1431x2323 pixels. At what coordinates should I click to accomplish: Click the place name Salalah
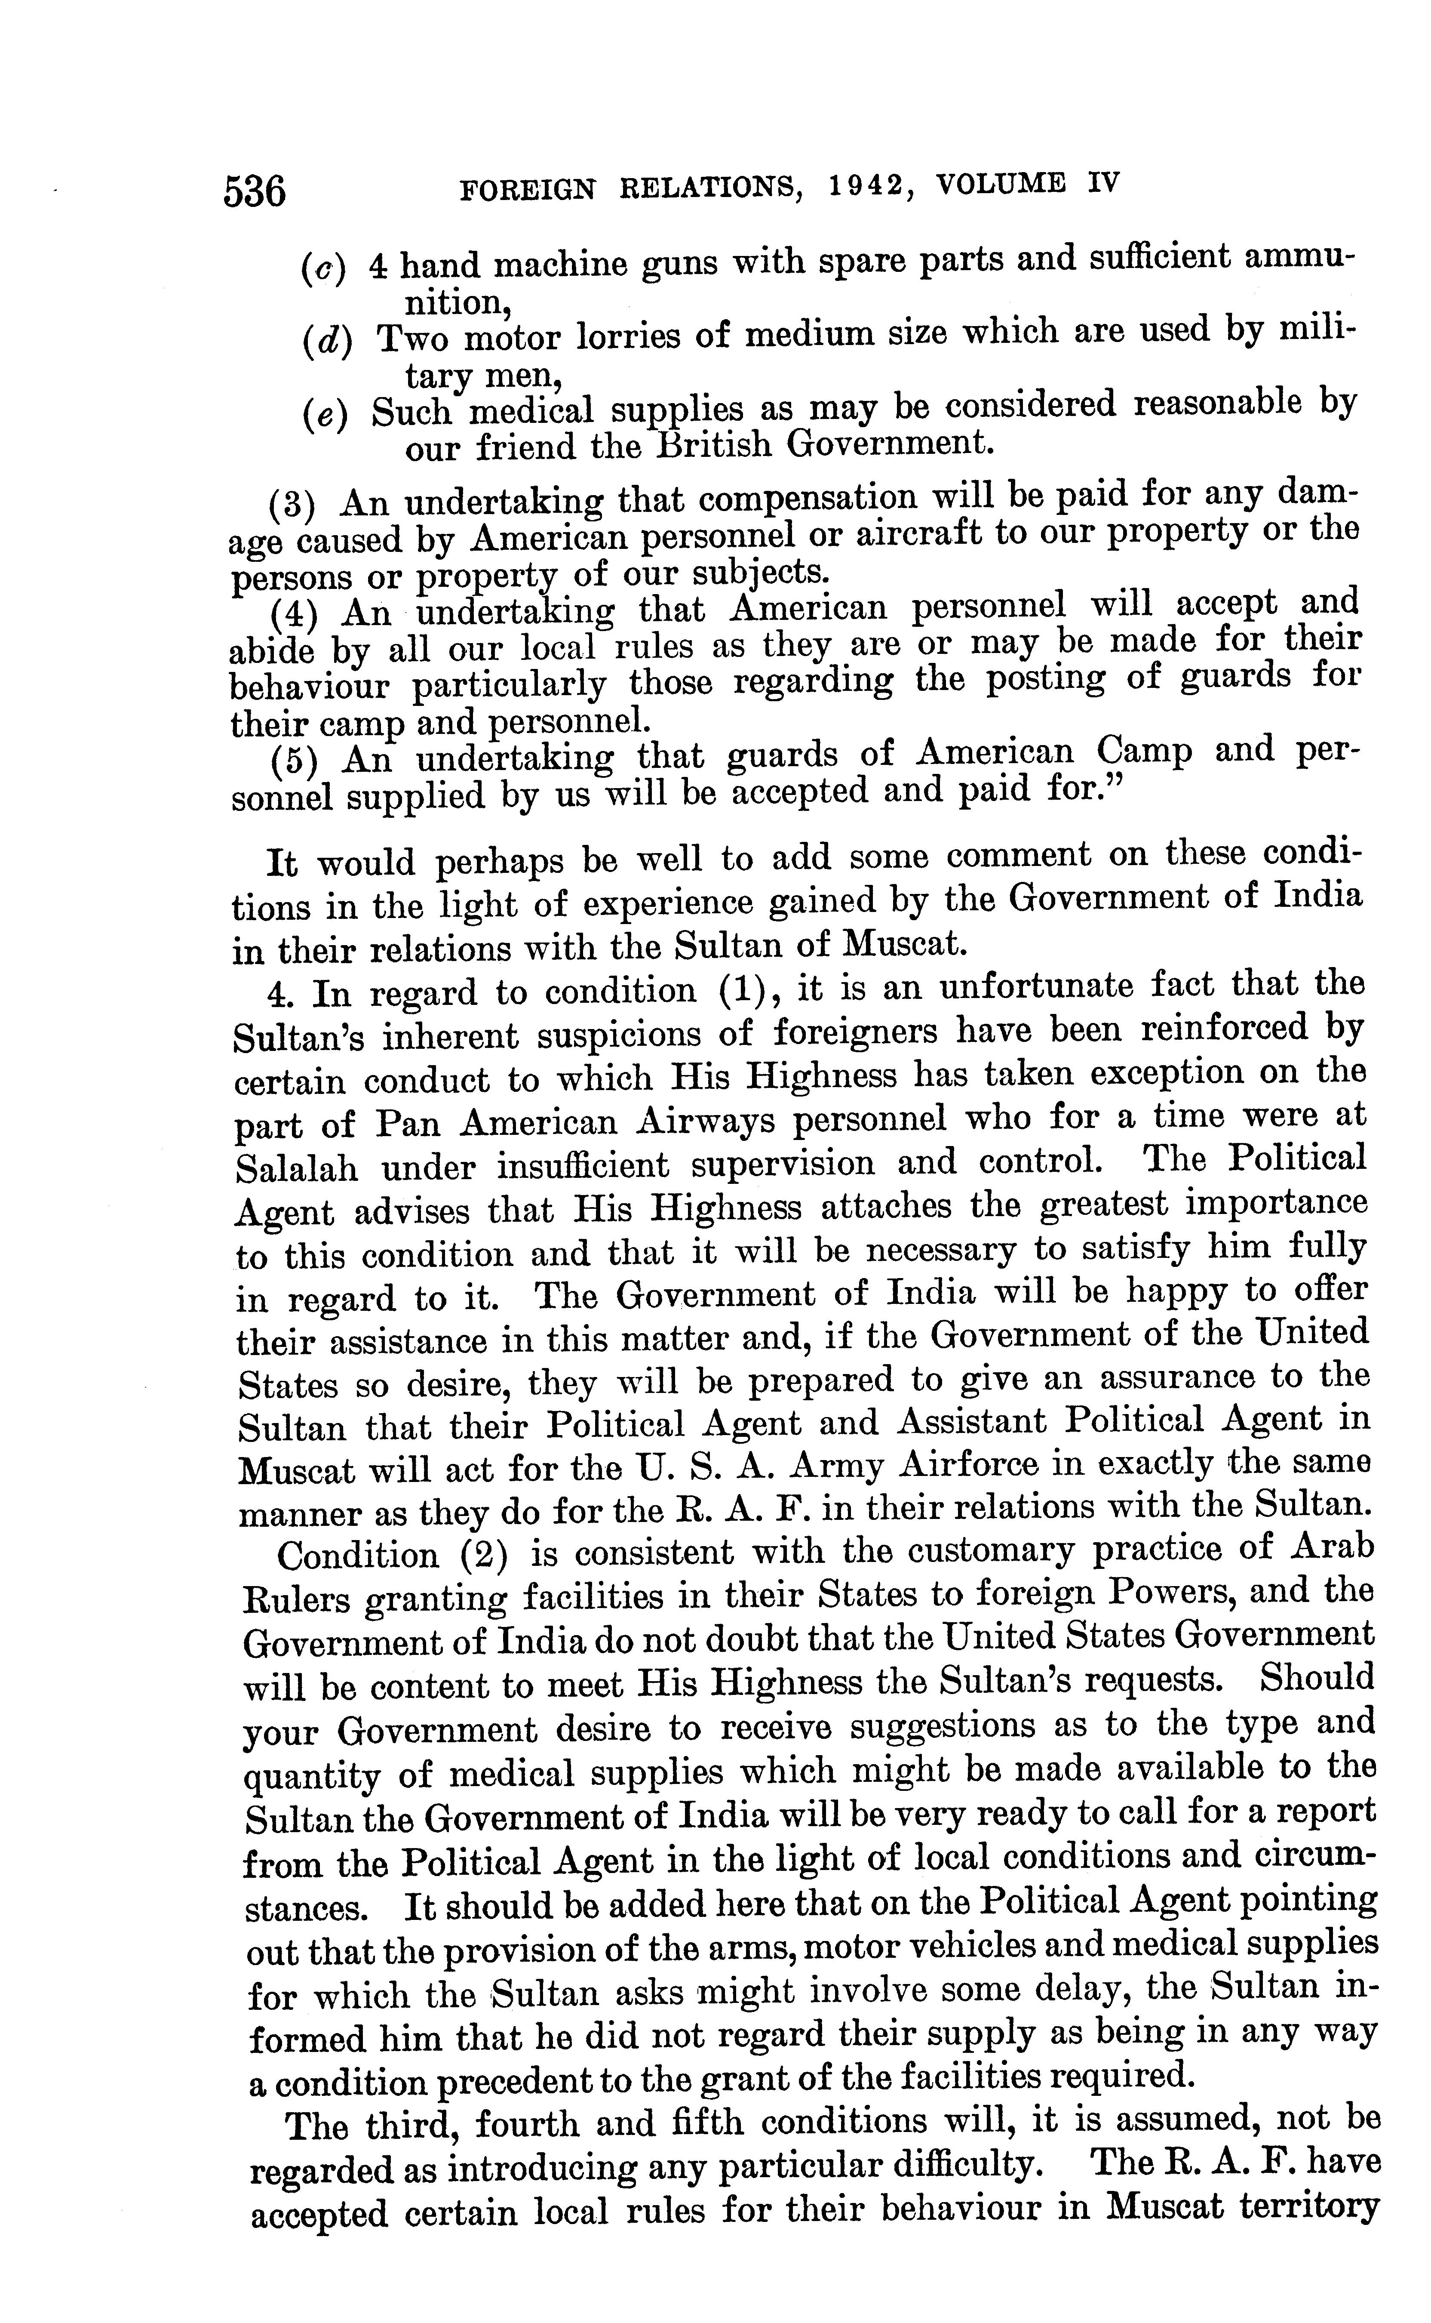(296, 1168)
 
